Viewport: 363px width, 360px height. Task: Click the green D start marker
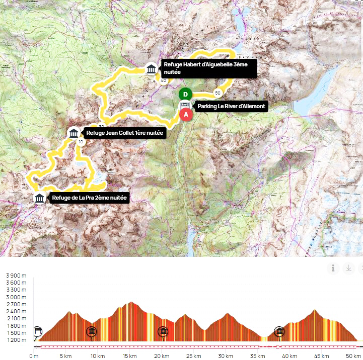[186, 94]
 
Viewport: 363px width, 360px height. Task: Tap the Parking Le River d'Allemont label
[231, 107]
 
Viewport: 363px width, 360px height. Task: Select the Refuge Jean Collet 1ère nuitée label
[124, 133]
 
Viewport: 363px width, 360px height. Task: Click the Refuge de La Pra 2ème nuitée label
[90, 198]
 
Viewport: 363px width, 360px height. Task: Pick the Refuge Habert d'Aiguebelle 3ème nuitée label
[208, 68]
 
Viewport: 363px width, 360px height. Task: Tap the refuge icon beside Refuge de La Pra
[39, 198]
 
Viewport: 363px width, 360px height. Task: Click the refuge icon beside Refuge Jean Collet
[74, 133]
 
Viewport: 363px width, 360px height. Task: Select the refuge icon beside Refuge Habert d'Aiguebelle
[151, 69]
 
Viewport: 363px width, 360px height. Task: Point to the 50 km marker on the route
[217, 93]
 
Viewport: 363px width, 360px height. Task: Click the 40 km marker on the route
[163, 80]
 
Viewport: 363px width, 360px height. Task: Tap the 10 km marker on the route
[81, 142]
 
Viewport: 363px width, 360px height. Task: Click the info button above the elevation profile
[333, 268]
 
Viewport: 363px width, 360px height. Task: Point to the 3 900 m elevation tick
[16, 276]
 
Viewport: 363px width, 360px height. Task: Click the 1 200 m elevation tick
[16, 340]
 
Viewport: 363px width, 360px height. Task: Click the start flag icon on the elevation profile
[38, 332]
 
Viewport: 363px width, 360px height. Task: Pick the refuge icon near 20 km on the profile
[163, 332]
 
